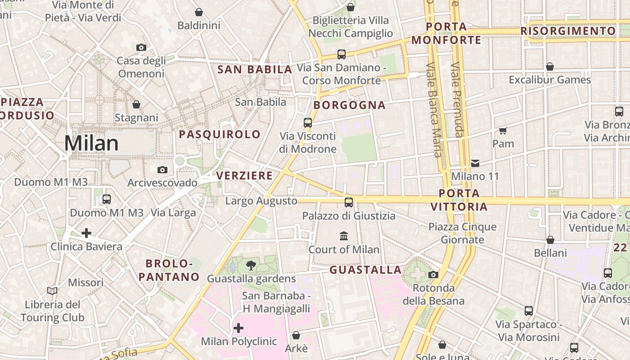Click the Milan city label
(x=91, y=143)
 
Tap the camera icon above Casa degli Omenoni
(x=141, y=47)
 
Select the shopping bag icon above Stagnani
(x=136, y=104)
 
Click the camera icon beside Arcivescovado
(x=162, y=170)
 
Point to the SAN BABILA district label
(x=255, y=70)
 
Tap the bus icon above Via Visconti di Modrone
(x=308, y=122)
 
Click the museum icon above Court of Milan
(x=344, y=236)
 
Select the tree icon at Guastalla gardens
(x=251, y=265)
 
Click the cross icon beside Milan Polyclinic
(x=238, y=328)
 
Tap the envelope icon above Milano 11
(x=475, y=163)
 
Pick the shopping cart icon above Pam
(x=503, y=131)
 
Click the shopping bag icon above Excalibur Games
(x=549, y=67)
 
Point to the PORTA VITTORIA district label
(x=459, y=200)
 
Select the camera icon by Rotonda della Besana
(x=433, y=274)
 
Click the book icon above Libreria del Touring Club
(x=52, y=291)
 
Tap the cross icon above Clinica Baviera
(x=86, y=233)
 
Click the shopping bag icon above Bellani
(x=550, y=240)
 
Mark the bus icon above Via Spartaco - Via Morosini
(x=529, y=311)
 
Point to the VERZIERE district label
(x=244, y=175)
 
